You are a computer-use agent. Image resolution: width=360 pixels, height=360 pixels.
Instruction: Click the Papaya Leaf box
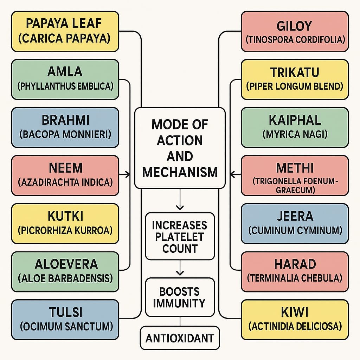[65, 32]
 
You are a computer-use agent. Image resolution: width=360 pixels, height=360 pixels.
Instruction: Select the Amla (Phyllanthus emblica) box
[65, 79]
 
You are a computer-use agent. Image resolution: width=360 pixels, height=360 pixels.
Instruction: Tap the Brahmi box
[65, 127]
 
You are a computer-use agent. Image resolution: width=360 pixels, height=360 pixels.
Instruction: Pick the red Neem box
[65, 175]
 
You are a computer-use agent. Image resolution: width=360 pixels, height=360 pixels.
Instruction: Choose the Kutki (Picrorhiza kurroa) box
[65, 223]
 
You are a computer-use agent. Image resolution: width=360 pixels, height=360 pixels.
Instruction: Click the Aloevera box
[65, 271]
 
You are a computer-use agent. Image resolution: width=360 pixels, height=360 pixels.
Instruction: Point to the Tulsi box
[65, 319]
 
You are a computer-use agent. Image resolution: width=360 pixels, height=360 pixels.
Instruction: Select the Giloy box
[295, 32]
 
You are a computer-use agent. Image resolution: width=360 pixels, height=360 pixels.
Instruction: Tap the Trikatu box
[295, 79]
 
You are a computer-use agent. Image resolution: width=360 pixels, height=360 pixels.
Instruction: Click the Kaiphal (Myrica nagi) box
[295, 127]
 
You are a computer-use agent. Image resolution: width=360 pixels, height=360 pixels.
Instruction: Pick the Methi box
[295, 175]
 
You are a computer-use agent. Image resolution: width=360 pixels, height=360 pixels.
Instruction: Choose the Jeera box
[295, 223]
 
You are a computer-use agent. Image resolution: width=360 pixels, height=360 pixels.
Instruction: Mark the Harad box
[295, 271]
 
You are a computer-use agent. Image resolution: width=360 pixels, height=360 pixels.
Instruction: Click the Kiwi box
[295, 319]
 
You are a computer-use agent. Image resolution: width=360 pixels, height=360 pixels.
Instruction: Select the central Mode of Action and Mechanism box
[180, 148]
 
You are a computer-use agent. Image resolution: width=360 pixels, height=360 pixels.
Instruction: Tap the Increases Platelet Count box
[180, 236]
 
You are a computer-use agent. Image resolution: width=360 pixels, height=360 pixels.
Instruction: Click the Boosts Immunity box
[180, 297]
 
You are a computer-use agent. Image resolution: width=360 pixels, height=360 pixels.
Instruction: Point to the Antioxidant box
[180, 338]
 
